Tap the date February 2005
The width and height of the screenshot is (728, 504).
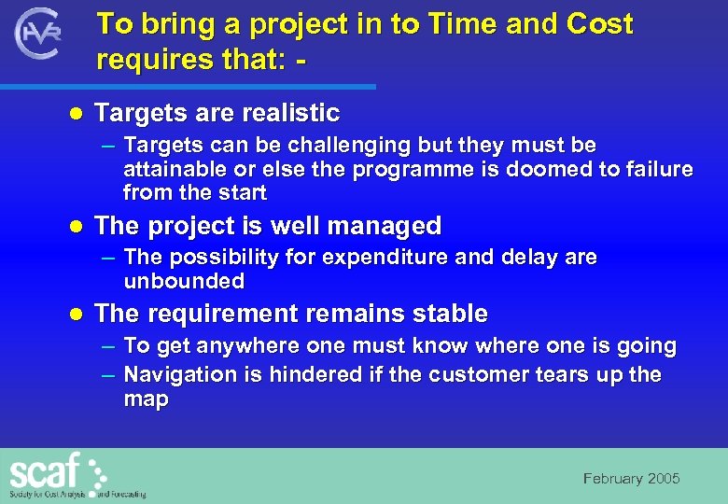click(x=631, y=479)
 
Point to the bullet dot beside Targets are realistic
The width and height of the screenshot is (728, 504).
click(x=78, y=114)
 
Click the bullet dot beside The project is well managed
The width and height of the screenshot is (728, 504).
click(x=78, y=227)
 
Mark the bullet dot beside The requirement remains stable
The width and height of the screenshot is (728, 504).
click(x=78, y=314)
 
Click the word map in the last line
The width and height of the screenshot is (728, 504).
click(x=146, y=399)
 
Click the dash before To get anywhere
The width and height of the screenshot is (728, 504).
click(x=108, y=346)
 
